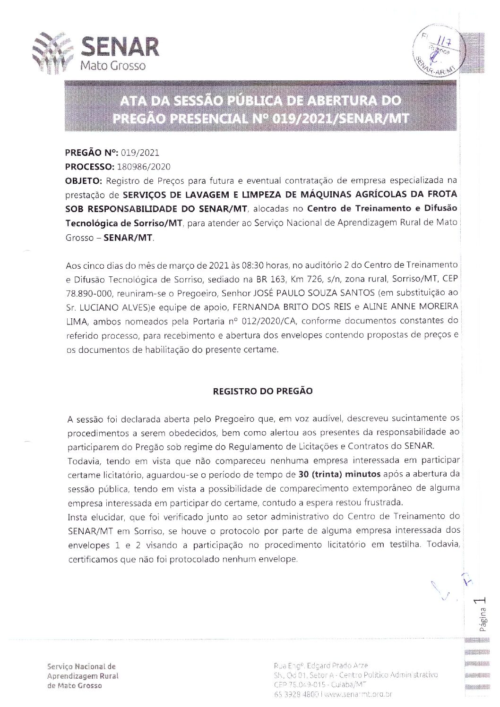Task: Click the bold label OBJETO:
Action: point(84,180)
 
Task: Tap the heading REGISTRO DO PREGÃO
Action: point(263,392)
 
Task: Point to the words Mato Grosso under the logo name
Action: point(112,66)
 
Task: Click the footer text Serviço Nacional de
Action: point(81,666)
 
